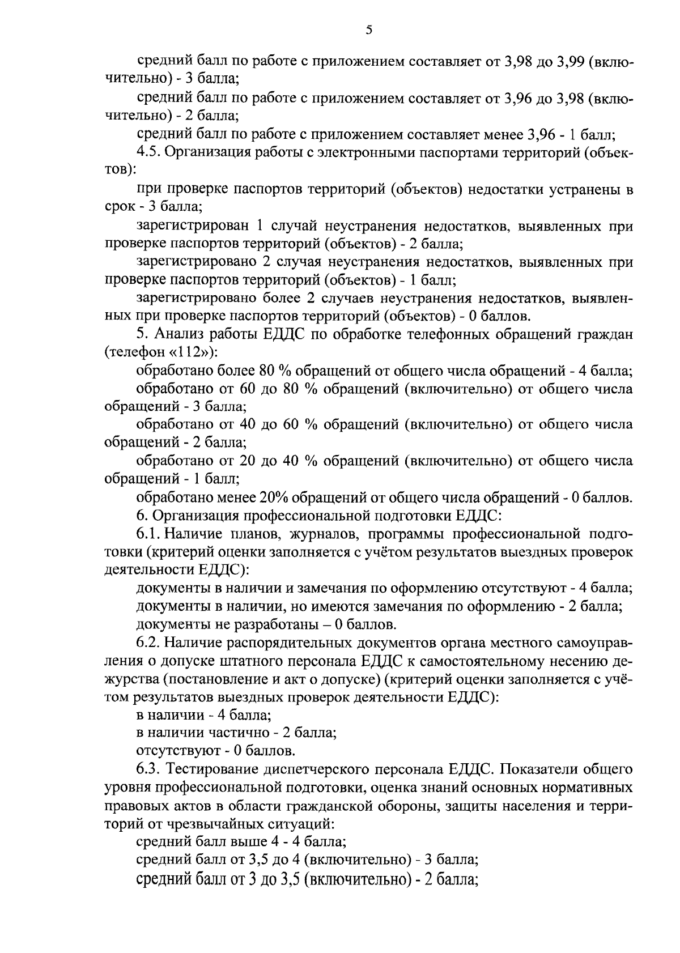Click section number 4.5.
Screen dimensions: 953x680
[x=149, y=152]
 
